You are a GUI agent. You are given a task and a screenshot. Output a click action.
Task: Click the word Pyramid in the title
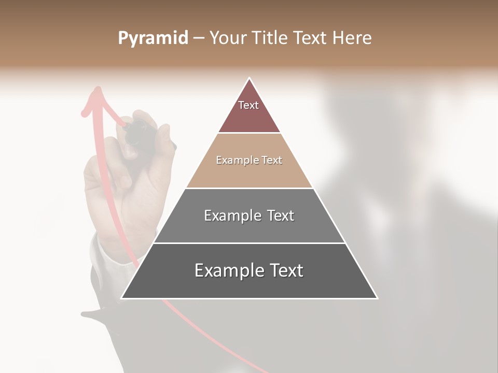153,38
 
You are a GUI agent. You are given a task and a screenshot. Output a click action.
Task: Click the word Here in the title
352,38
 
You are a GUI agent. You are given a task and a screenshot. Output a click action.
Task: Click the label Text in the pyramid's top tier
248,105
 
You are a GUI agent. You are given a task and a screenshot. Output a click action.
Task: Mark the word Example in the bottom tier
226,270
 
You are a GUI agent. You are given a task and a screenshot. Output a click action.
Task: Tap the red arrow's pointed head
96,91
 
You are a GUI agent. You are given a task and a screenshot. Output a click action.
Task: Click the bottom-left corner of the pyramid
122,298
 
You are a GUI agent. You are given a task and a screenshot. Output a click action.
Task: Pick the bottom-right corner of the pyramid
377,298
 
